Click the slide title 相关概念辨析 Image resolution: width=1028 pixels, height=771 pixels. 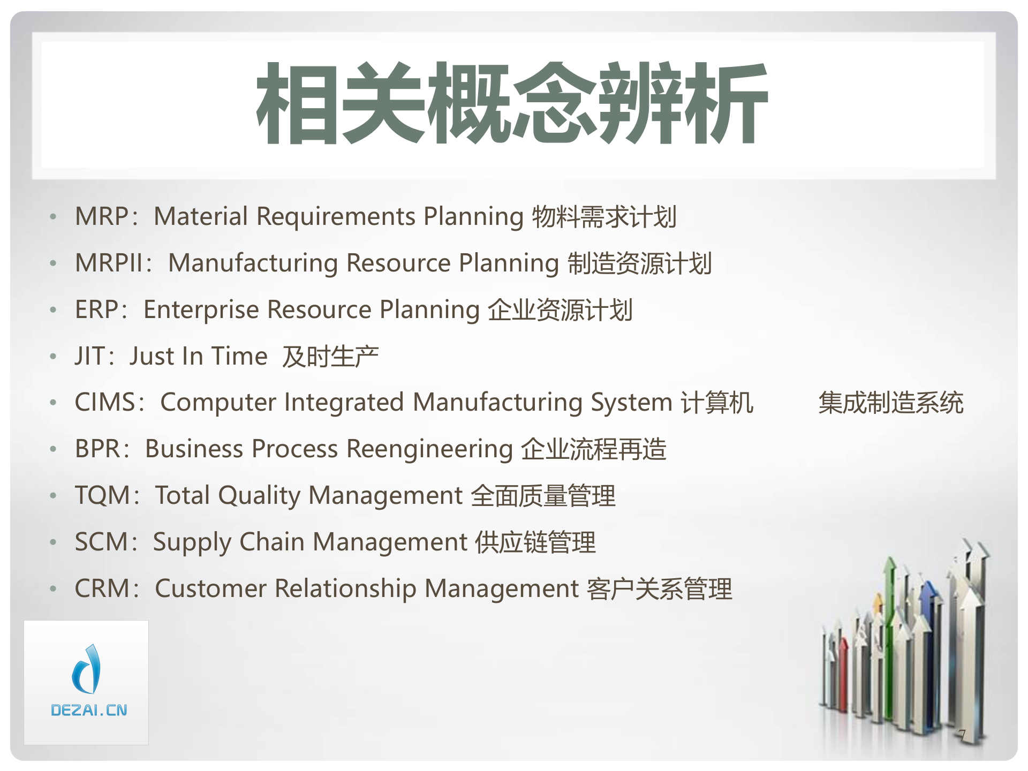[x=512, y=103]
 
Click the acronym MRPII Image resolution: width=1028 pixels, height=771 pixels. [x=109, y=263]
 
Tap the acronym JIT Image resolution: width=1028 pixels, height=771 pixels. [x=90, y=357]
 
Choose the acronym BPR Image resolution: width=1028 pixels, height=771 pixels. [x=97, y=449]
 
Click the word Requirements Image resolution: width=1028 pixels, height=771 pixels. [x=336, y=217]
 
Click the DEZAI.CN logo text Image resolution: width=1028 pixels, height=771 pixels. [x=89, y=710]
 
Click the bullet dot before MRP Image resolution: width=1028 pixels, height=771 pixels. [x=53, y=217]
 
